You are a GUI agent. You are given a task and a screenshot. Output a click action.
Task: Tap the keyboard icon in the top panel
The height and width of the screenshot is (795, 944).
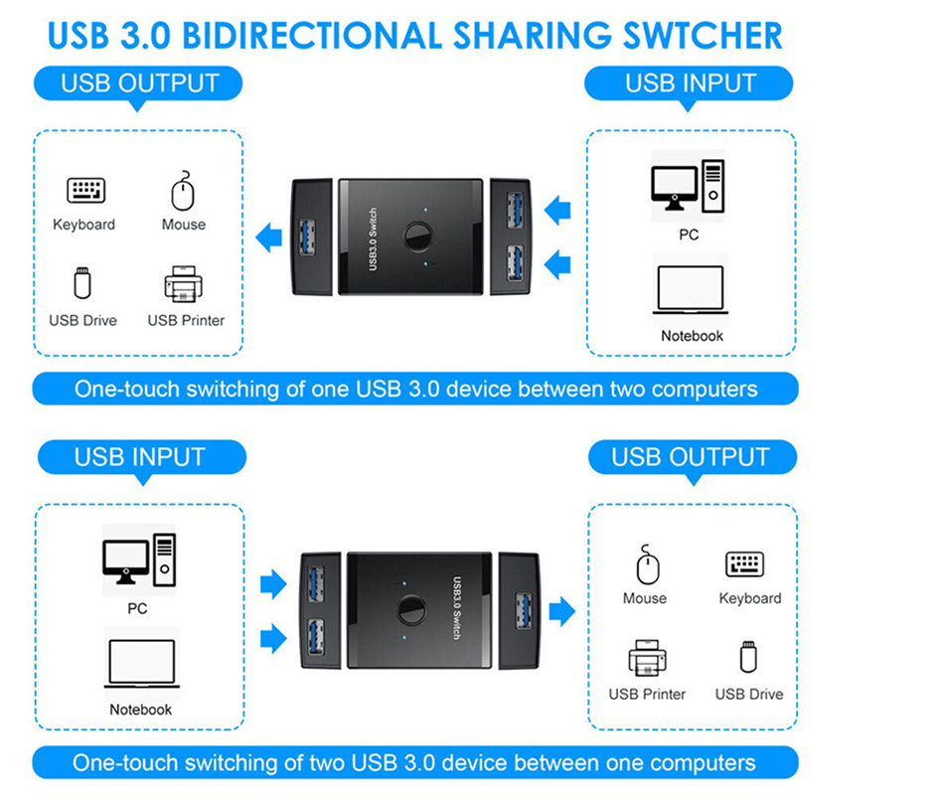pos(85,190)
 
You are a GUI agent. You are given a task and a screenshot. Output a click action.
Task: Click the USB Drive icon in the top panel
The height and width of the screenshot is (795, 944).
pos(83,283)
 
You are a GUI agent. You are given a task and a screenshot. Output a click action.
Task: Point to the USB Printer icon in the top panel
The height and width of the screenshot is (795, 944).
pos(184,285)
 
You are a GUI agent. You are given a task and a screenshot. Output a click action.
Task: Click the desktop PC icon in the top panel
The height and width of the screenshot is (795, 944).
pos(688,186)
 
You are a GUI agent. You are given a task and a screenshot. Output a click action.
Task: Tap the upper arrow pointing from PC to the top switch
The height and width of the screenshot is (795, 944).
pos(559,210)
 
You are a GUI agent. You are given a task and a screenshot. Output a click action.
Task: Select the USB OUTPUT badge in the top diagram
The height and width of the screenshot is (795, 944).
pos(139,82)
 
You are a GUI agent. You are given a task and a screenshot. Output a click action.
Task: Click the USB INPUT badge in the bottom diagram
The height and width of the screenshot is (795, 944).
pos(139,457)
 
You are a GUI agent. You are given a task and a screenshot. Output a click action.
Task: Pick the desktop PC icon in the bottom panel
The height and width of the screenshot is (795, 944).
pos(139,560)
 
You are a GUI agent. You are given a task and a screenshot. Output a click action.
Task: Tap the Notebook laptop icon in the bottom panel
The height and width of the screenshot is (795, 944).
pos(141,664)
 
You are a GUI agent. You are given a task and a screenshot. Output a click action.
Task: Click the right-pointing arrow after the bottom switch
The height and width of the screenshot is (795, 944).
pos(561,610)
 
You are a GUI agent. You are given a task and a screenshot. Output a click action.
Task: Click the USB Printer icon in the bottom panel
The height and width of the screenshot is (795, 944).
pos(647,659)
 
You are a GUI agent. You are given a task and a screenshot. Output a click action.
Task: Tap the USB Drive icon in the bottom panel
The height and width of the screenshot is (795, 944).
pos(747,657)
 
